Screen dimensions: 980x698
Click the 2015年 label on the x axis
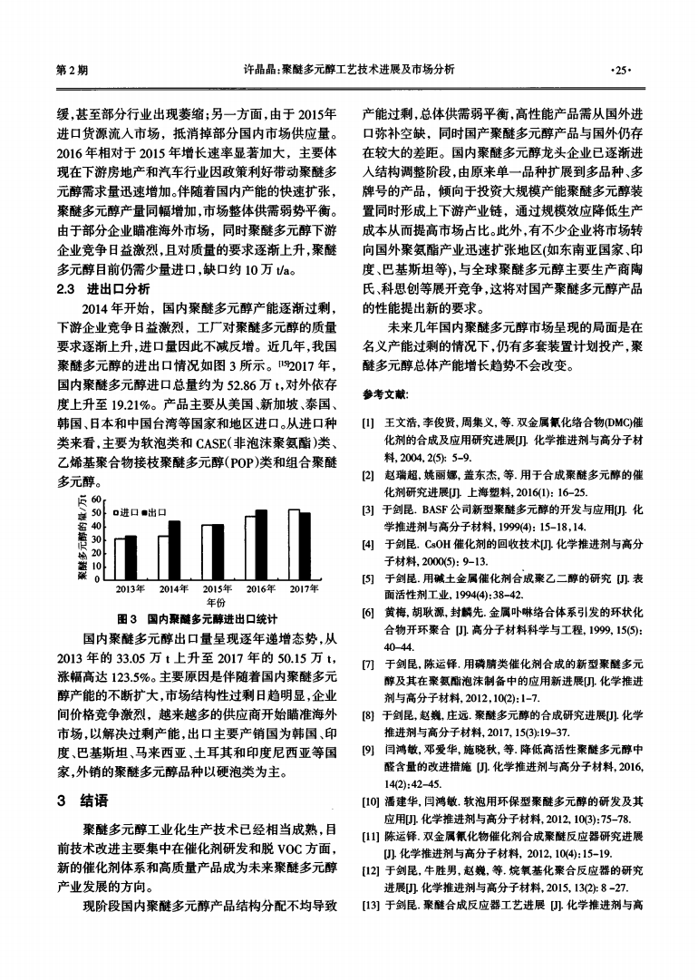[x=218, y=587]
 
